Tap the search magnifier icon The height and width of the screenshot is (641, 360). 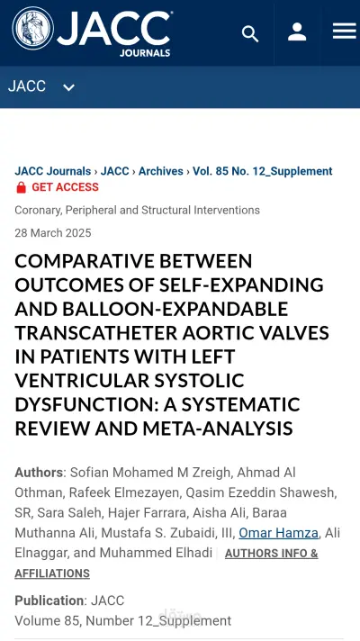point(250,33)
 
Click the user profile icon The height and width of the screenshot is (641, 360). point(297,32)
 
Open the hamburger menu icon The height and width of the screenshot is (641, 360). point(344,32)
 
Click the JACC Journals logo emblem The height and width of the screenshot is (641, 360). point(32,29)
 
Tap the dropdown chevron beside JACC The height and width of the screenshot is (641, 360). point(68,87)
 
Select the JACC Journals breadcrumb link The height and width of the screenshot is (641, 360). point(52,171)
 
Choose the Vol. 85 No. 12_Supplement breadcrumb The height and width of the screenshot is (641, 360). point(263,171)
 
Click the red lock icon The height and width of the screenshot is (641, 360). point(21,187)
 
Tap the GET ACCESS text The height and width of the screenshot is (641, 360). point(65,187)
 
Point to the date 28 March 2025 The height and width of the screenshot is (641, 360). point(52,233)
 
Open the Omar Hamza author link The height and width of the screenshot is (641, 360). point(278,533)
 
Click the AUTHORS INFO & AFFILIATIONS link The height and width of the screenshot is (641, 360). point(166,563)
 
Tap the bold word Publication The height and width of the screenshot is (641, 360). point(49,600)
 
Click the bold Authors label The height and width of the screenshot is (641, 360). point(39,473)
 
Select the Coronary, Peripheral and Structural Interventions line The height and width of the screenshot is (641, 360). point(137,210)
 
